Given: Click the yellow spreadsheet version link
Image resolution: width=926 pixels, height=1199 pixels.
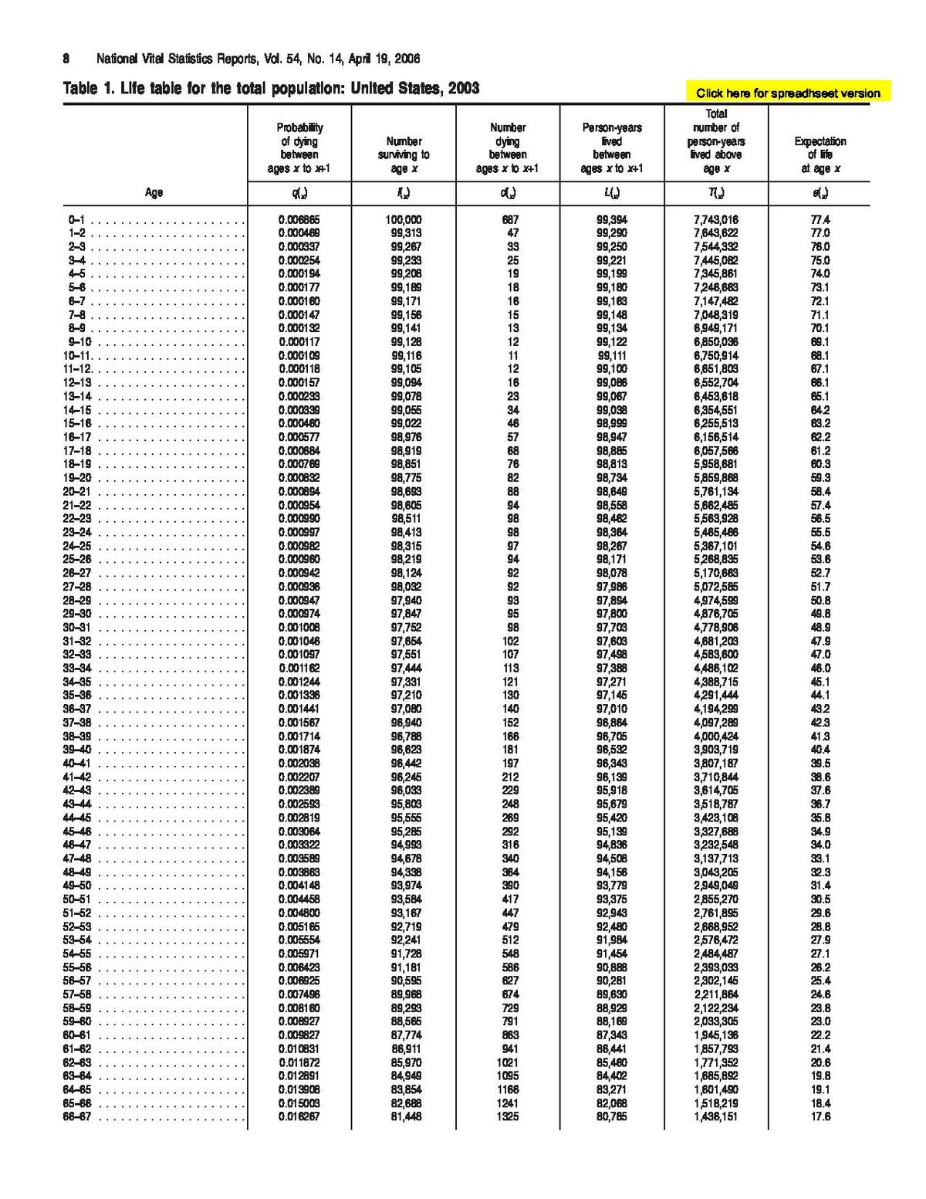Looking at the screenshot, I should coord(787,93).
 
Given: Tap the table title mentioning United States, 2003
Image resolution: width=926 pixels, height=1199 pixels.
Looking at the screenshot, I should coord(271,89).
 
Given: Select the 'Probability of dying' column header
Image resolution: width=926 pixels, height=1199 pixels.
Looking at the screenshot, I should coord(299,147).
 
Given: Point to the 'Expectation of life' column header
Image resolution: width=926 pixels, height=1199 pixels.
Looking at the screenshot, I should coord(820,154).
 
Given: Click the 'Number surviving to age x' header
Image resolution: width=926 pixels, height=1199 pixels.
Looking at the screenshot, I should coord(404,154).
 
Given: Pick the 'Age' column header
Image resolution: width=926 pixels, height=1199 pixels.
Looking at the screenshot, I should coord(154,192).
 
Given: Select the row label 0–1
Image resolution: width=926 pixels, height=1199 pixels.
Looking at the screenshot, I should coord(76,220).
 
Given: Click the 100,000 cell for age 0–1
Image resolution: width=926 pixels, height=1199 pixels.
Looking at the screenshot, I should coord(404,220).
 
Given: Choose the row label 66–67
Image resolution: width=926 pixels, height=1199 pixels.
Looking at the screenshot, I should coord(76,1116).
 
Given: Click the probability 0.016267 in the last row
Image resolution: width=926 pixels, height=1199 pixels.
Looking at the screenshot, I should coord(299,1116).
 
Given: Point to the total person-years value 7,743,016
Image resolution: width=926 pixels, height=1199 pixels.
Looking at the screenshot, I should coord(716,220).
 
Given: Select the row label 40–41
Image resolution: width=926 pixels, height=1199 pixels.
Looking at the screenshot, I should coord(76,763).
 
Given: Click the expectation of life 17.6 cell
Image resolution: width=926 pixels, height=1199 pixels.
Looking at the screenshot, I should coord(820,1116).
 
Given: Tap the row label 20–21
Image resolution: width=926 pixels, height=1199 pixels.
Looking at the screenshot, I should coord(76,491).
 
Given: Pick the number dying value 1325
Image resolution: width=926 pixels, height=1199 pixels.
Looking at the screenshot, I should coord(508,1116).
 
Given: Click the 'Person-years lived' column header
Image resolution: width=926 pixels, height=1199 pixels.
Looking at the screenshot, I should coord(611,147).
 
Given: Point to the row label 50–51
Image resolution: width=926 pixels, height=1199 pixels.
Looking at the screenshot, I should coord(76,899).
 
